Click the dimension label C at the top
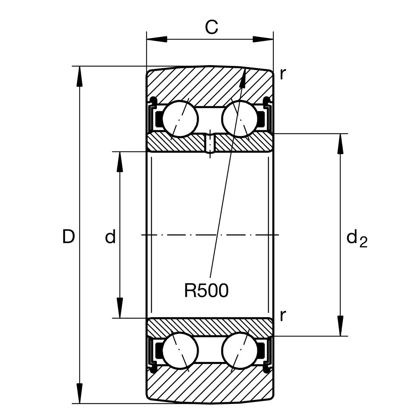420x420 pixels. pos(211,27)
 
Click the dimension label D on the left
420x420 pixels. pos(69,237)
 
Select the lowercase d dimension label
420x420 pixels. pos(110,237)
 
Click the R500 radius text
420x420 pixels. pos(206,290)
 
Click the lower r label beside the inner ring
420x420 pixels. pos(283,315)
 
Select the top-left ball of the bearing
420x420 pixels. pos(180,118)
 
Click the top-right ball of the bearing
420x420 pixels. pos(240,118)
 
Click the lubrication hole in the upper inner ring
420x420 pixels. pos(210,143)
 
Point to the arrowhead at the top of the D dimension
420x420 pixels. pos(80,75)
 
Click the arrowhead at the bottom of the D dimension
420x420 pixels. pos(80,395)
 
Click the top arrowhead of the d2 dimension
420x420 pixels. pos(339,143)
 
